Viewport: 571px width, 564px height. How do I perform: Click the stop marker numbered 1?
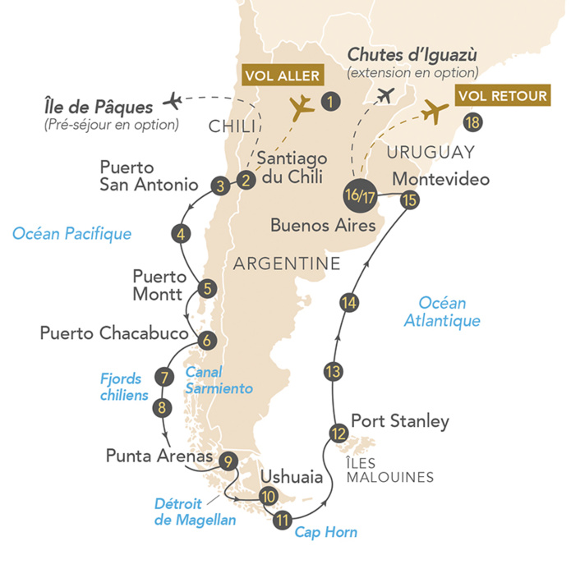tap(329, 103)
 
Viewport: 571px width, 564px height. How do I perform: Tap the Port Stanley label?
tap(400, 422)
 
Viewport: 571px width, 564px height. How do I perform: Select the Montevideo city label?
tap(441, 179)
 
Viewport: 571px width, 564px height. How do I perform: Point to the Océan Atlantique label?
tap(442, 311)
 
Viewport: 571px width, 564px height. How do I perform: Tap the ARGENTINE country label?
tap(287, 264)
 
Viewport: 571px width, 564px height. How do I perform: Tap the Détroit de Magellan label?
tap(196, 511)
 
